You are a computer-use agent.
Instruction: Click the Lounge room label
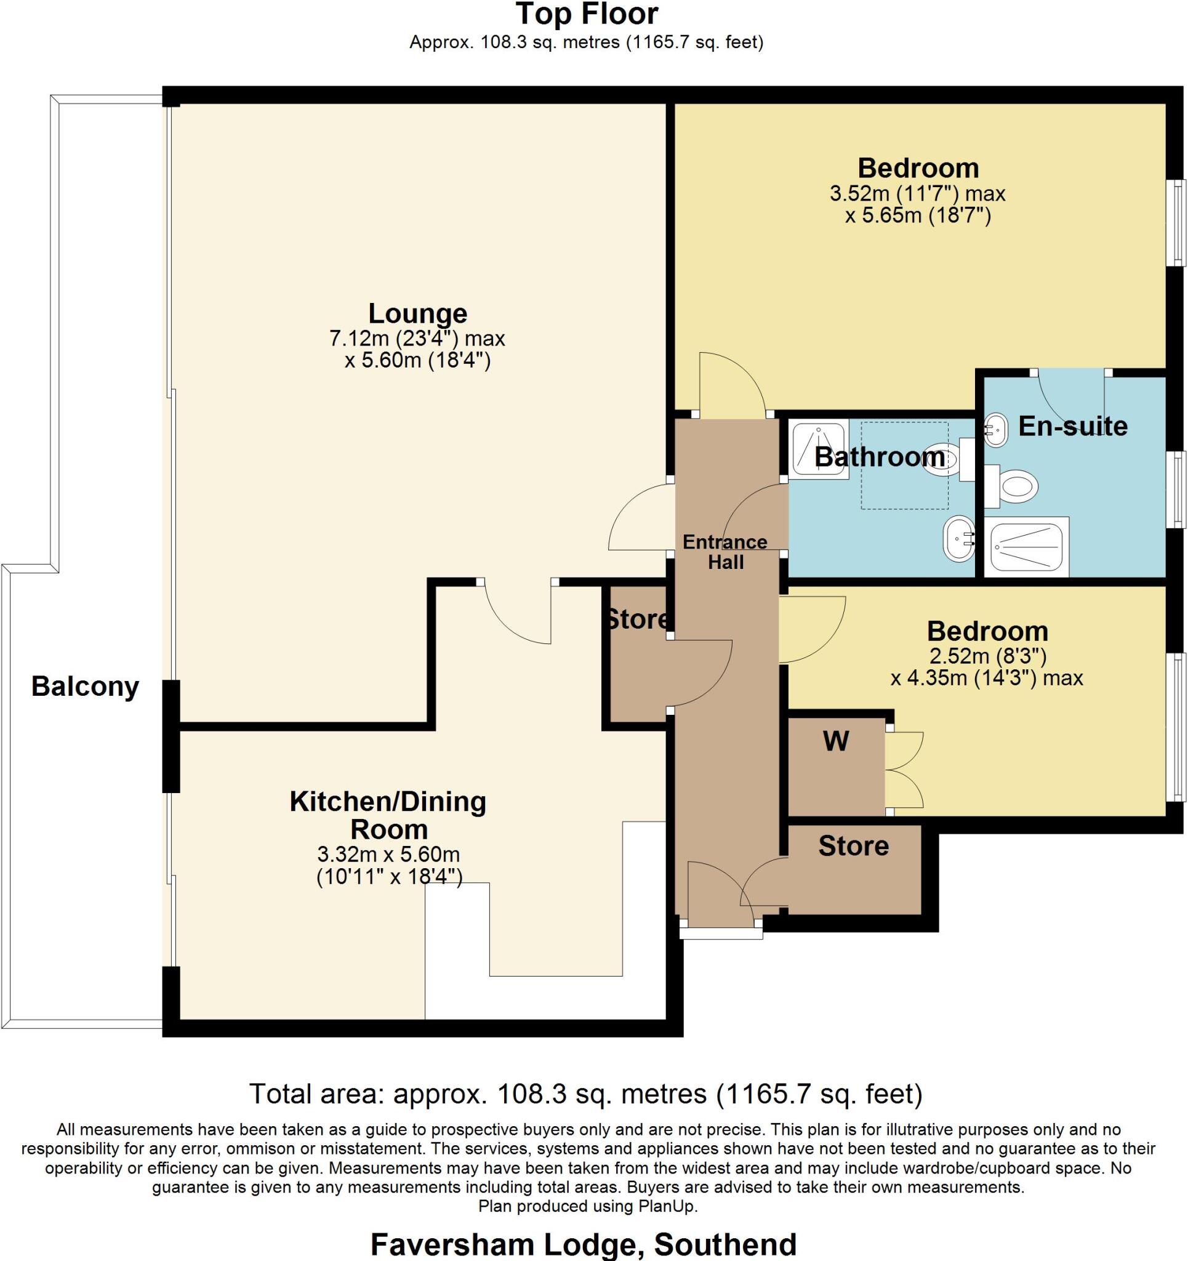[418, 313]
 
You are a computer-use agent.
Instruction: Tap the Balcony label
[85, 687]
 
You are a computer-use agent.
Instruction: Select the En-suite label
[1072, 426]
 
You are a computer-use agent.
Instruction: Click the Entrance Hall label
[725, 552]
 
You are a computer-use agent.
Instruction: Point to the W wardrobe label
[836, 741]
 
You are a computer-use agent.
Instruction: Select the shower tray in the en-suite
[1026, 547]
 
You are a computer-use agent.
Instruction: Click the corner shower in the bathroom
[819, 449]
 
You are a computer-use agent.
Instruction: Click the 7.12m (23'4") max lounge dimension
[417, 339]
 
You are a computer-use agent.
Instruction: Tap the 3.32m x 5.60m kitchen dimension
[389, 854]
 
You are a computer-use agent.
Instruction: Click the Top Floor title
[587, 15]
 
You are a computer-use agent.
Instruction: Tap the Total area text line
[586, 1094]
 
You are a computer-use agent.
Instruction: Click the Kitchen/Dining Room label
[388, 815]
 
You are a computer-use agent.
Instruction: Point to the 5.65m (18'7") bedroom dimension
[918, 216]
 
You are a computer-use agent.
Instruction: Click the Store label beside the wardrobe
[854, 846]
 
